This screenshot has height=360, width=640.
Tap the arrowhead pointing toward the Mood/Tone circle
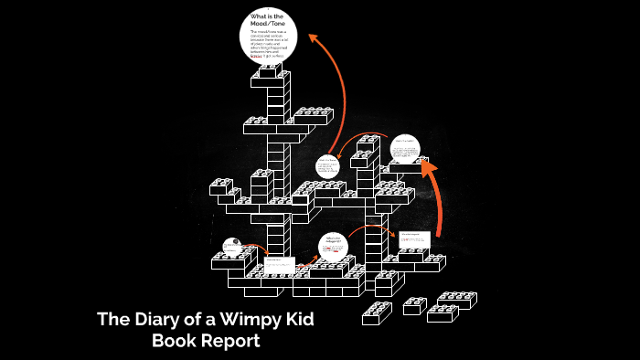point(313,38)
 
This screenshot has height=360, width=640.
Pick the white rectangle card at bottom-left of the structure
point(279,266)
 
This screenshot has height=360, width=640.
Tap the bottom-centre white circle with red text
point(333,247)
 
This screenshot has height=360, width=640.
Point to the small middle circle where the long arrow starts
point(327,166)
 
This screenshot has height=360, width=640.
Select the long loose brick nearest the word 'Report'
point(377,312)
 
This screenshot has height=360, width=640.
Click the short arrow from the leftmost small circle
point(256,247)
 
